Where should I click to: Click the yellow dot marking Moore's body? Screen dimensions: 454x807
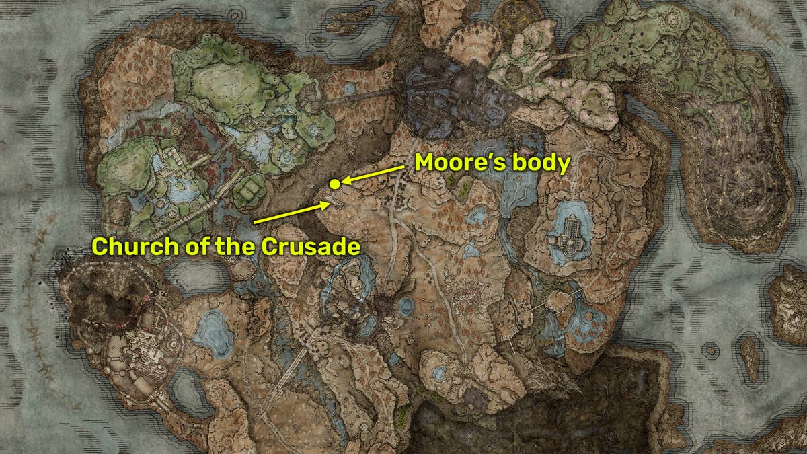(334, 184)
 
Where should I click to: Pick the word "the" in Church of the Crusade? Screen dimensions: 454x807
(234, 246)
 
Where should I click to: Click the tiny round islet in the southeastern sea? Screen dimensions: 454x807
(709, 350)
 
